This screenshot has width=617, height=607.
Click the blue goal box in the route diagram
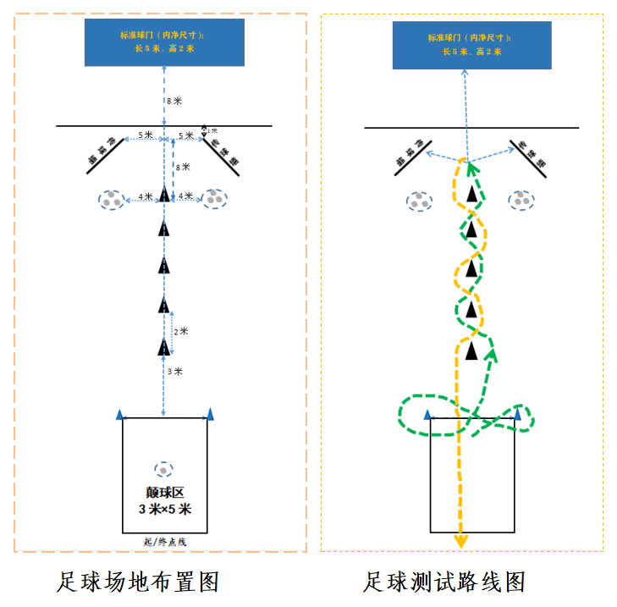tap(471, 44)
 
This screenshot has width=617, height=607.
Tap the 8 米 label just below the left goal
tap(174, 101)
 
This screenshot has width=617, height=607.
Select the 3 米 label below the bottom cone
tap(174, 372)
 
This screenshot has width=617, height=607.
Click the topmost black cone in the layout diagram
tap(164, 196)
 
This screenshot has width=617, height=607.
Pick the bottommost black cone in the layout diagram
tap(164, 346)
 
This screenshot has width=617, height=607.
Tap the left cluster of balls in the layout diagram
tap(111, 200)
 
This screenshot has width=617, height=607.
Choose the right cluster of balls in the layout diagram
tap(217, 199)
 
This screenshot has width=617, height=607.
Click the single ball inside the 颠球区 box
tap(163, 469)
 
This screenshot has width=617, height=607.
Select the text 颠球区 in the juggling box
tap(164, 494)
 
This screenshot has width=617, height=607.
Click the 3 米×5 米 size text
tap(165, 510)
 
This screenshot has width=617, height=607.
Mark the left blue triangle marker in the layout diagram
tap(119, 414)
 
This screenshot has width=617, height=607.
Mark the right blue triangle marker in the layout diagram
tap(210, 414)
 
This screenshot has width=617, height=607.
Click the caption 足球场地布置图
tap(139, 582)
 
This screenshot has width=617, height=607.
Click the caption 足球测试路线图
tap(445, 582)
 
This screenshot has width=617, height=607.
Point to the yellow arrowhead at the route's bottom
tap(460, 542)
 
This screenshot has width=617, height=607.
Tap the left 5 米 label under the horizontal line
tap(145, 135)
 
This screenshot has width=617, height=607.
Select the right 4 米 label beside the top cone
tap(185, 197)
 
